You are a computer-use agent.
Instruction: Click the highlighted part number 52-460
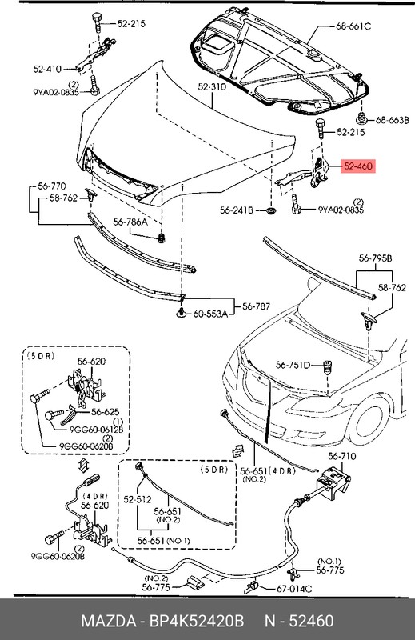pos(357,166)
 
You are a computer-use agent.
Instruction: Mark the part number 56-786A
pos(130,223)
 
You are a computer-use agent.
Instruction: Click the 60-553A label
pos(210,312)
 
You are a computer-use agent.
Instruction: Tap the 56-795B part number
pos(376,258)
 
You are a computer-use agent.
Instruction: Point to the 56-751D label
pos(293,365)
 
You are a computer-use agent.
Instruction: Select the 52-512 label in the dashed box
pos(138,498)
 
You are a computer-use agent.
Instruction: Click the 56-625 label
pos(105,412)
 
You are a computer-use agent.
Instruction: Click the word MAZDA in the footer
pos(107,622)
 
